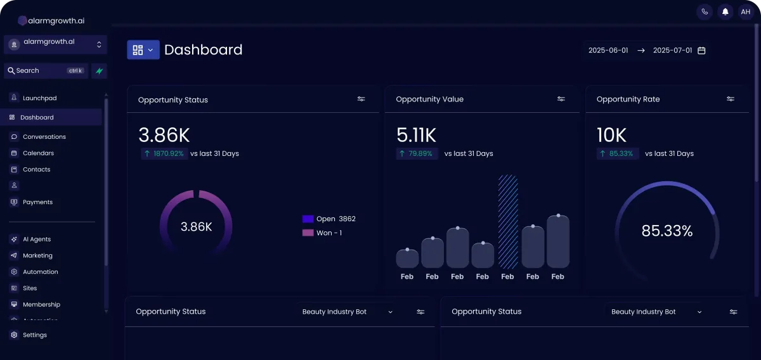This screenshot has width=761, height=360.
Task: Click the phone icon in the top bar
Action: pos(705,11)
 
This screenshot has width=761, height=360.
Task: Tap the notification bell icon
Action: pos(725,11)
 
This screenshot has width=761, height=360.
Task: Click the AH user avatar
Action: pos(745,11)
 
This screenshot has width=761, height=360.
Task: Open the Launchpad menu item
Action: pos(39,98)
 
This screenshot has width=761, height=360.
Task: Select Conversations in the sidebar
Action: pos(44,137)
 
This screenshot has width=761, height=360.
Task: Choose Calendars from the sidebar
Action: pos(38,153)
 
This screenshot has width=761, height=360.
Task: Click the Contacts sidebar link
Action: pos(36,170)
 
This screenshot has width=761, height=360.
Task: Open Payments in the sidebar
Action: pos(37,202)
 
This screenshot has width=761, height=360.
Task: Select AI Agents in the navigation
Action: pos(37,240)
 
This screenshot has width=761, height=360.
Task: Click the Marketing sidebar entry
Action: pos(37,256)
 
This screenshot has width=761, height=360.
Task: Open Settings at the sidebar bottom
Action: pos(34,335)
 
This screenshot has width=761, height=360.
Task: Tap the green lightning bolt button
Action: pos(99,71)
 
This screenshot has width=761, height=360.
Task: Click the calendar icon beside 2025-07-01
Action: pos(701,51)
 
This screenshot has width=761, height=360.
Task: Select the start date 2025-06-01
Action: pos(608,51)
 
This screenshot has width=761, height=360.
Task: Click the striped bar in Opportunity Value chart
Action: pos(508,222)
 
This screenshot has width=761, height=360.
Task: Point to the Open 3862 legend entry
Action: pos(329,219)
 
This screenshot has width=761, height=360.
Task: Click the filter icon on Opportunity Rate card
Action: pos(731,99)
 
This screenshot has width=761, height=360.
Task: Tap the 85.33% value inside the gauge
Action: pos(667,231)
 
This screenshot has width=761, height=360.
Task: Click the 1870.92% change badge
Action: pos(164,153)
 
